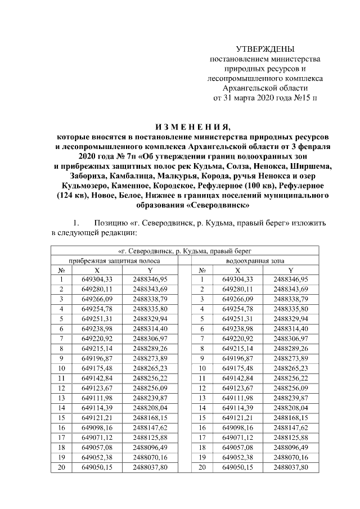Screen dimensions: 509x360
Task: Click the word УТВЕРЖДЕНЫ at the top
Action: point(264,49)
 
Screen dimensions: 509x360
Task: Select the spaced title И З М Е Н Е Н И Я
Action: point(193,125)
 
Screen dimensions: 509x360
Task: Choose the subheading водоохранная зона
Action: point(255,261)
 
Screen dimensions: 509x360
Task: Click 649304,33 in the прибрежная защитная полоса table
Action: point(97,279)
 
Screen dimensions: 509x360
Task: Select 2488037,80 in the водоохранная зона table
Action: point(291,467)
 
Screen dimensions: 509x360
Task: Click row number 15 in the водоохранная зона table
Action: point(201,418)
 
